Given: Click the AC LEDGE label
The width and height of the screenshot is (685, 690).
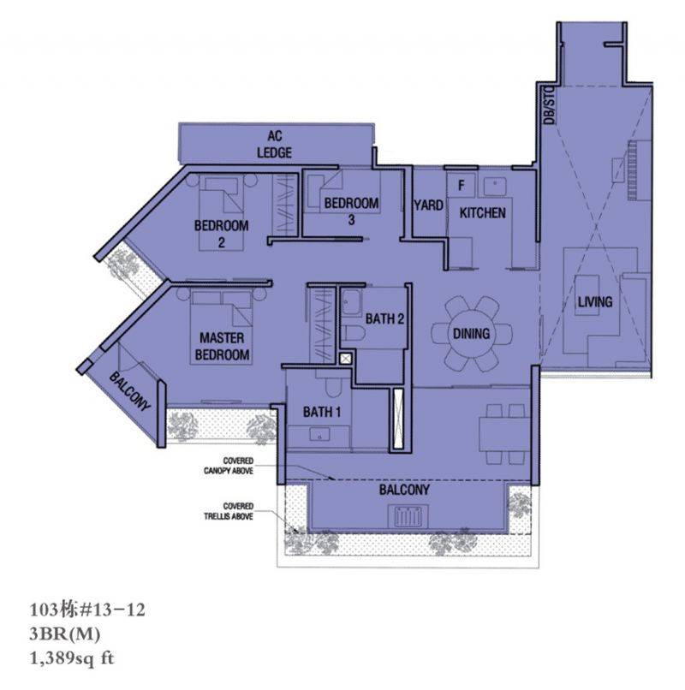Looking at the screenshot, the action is [x=274, y=144].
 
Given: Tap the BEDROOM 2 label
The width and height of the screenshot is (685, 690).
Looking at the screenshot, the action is [x=222, y=234].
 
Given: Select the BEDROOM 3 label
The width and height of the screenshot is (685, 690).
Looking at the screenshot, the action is [x=351, y=211].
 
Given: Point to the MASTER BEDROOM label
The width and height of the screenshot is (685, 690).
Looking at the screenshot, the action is [x=222, y=347].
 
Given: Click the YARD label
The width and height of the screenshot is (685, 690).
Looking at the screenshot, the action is [x=428, y=205].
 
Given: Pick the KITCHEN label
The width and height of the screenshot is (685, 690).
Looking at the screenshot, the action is [x=482, y=213].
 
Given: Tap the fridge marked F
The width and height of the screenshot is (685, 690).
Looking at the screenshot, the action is [x=461, y=185].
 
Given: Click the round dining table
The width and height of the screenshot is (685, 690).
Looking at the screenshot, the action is [x=472, y=333].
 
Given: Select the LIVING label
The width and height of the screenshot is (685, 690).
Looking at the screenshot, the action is [x=595, y=302].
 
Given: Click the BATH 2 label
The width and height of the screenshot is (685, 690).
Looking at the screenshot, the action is [x=384, y=318].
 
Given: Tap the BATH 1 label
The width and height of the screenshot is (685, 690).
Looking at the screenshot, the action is [x=322, y=412].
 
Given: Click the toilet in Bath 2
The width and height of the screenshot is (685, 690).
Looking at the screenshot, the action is [x=353, y=333].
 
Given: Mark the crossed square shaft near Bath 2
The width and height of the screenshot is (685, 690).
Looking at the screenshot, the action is [x=346, y=359].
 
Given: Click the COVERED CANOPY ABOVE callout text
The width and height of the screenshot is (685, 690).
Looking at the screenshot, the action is [x=229, y=466].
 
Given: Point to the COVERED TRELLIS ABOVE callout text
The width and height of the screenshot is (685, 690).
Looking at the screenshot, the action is [x=229, y=511].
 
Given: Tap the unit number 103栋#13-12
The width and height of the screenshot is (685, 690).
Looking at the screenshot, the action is [x=87, y=610].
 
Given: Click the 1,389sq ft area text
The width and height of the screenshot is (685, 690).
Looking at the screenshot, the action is [x=72, y=658].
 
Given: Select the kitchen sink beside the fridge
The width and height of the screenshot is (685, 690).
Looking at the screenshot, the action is [x=495, y=186].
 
